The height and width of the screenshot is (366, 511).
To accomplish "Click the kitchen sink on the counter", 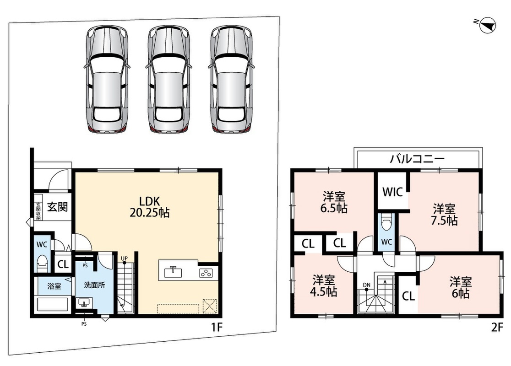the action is (x=173, y=272).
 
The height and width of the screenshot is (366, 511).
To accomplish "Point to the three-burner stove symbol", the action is (x=206, y=273).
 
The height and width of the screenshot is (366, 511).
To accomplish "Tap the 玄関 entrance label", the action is (x=58, y=207).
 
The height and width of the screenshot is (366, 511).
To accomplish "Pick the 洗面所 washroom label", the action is (x=94, y=285).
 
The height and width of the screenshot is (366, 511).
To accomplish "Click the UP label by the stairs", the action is (x=124, y=258).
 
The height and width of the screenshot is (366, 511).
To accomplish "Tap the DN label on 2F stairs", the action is (x=367, y=285).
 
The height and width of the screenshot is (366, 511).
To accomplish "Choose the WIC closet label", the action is (x=393, y=192).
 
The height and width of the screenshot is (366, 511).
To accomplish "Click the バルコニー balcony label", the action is (x=418, y=159).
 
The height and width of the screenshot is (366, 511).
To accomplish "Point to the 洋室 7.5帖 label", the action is (x=444, y=215).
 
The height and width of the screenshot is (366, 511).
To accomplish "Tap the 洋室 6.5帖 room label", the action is (x=334, y=203).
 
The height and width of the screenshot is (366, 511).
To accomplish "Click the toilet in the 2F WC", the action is (x=386, y=224).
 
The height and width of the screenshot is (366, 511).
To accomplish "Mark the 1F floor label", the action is (x=217, y=327).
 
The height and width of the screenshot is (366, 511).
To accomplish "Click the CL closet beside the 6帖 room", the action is (x=408, y=296).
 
